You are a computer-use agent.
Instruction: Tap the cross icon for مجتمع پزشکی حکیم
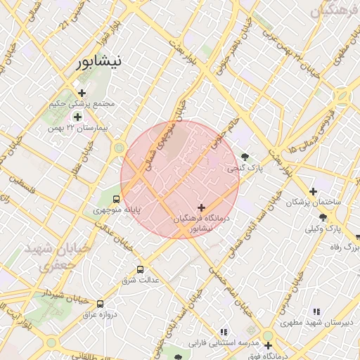click(x=82, y=93)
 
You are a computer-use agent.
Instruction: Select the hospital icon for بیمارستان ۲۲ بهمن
click(x=77, y=116)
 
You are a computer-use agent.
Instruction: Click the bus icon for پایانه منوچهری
click(x=116, y=198)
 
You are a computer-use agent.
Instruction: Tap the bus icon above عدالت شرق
click(x=140, y=269)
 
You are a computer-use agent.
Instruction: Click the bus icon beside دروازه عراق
click(x=100, y=304)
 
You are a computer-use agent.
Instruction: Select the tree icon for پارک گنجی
click(x=244, y=157)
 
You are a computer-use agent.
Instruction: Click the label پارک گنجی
click(x=241, y=169)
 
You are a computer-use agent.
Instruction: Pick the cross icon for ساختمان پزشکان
click(x=313, y=191)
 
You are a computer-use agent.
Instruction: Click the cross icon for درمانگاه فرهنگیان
click(x=202, y=207)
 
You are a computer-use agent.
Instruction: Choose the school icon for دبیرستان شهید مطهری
click(x=316, y=311)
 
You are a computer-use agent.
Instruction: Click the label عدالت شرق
click(x=141, y=280)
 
